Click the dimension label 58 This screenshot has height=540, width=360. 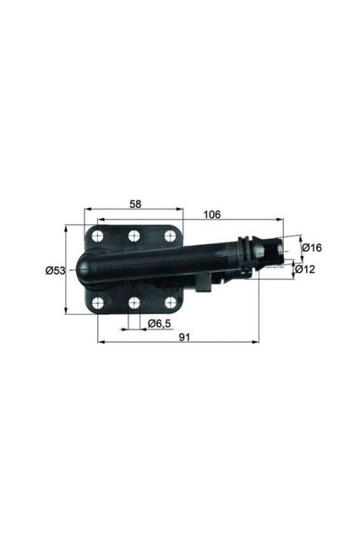(135, 204)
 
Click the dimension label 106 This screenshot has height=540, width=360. (212, 214)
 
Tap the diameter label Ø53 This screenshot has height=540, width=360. (55, 271)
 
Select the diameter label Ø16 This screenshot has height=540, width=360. (311, 248)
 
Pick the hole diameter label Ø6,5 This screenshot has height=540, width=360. (158, 323)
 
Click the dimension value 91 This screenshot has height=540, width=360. (184, 336)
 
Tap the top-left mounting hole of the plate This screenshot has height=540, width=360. (99, 236)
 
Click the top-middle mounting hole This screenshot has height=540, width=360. (134, 235)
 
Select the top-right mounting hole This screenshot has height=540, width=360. (170, 235)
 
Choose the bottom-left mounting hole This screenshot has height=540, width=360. (99, 303)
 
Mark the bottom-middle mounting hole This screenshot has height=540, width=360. (134, 303)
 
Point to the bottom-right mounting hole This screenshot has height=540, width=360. (170, 303)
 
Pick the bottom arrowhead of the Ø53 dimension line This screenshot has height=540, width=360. (66, 311)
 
